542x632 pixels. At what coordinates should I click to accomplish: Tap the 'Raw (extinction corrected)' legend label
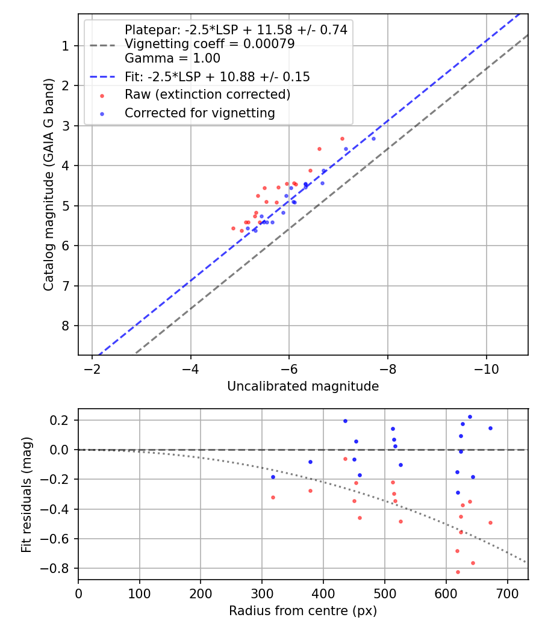point(207,94)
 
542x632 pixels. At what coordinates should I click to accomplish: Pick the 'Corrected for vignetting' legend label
point(199,113)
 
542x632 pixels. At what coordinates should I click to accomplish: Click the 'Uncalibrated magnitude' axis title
point(303,386)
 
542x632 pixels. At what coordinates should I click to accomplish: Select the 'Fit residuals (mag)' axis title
point(26,494)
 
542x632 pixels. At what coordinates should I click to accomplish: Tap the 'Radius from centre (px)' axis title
point(303,611)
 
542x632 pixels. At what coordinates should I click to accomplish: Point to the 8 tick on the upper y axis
point(66,326)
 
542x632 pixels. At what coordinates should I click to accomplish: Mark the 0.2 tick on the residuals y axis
point(62,420)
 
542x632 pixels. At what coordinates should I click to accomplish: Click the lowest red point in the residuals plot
point(458,572)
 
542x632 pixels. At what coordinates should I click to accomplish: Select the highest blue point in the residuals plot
point(470,417)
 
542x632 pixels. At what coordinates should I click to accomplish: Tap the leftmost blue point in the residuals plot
point(273,477)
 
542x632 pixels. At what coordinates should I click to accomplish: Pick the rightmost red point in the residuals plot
point(490,522)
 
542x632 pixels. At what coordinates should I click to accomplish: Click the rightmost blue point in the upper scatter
point(373,138)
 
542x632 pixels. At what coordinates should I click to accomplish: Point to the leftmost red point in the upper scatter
point(233,228)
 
